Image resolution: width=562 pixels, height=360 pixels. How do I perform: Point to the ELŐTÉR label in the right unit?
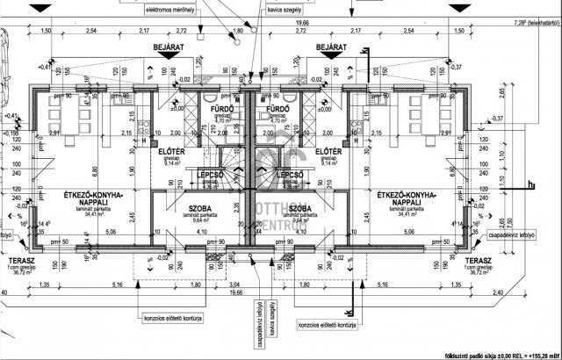[x=328, y=151]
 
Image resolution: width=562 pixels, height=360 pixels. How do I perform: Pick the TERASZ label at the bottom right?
[x=478, y=262]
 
